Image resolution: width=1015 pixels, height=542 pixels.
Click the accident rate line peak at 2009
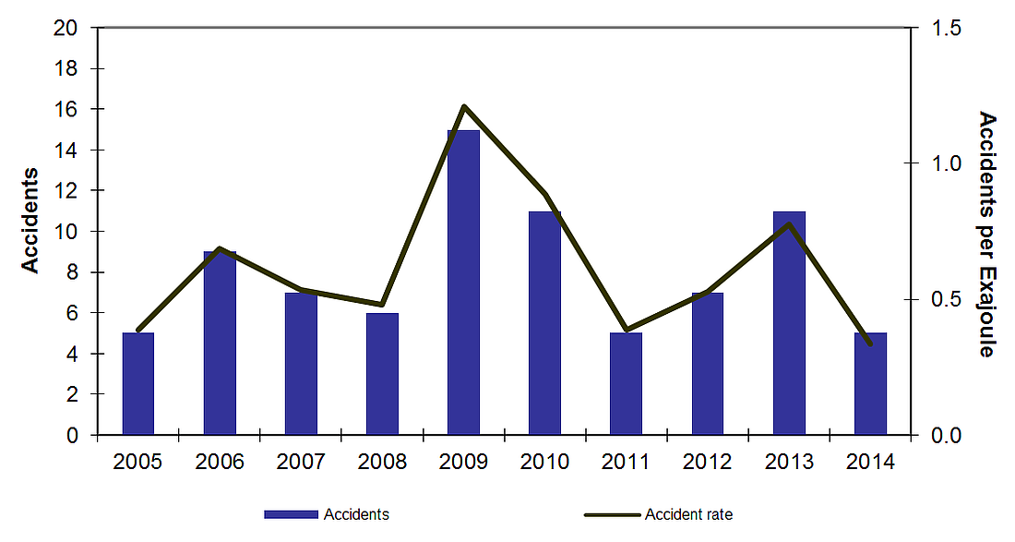(x=464, y=106)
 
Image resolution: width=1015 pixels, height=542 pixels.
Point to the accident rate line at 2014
(x=869, y=343)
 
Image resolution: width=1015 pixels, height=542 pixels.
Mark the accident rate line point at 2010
(x=545, y=195)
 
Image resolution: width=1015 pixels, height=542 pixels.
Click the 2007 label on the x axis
(x=301, y=462)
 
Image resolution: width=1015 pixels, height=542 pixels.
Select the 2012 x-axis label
(x=708, y=462)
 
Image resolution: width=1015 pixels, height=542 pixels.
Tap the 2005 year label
(x=138, y=462)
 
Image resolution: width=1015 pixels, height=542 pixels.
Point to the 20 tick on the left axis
(x=66, y=28)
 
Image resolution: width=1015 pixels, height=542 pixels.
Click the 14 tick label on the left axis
(x=66, y=150)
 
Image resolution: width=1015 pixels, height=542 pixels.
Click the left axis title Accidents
(x=30, y=220)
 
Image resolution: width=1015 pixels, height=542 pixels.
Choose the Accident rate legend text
(x=688, y=514)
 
